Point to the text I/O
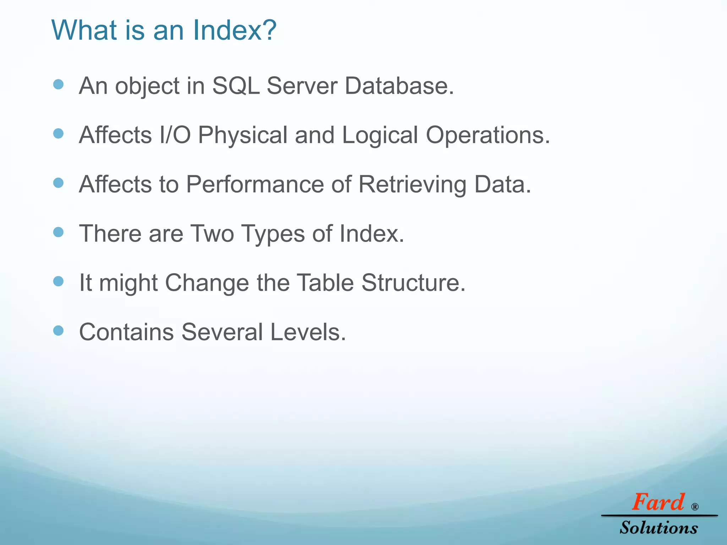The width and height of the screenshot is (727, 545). tap(175, 135)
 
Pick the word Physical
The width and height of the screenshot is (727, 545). tap(243, 136)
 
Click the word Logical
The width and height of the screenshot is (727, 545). tap(380, 136)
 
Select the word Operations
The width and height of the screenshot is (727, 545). tap(488, 136)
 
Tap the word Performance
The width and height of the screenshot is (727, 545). tap(255, 184)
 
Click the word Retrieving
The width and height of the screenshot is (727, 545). tap(412, 185)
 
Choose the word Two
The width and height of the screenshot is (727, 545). tap(212, 233)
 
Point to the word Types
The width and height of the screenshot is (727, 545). tap(273, 234)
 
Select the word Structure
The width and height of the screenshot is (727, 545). tap(413, 283)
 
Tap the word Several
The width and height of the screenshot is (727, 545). tap(222, 332)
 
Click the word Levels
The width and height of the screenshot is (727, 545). tap(308, 332)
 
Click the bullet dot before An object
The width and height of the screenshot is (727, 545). tap(58, 84)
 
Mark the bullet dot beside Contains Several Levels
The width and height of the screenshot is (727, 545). tap(58, 331)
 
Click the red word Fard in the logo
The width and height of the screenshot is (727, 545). tap(658, 502)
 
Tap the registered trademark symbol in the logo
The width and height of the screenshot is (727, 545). tap(695, 507)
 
